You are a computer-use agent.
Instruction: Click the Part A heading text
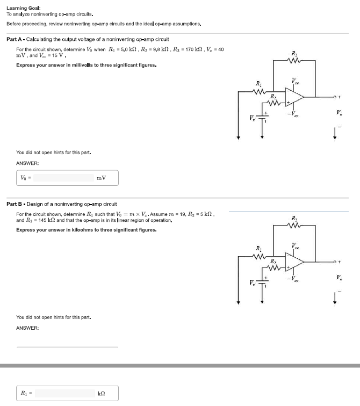coord(88,39)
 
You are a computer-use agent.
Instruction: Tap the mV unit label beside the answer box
coord(101,178)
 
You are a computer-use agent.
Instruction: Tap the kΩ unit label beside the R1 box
coord(101,394)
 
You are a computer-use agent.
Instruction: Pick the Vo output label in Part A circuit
coord(337,113)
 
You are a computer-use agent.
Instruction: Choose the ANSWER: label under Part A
coord(27,163)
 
